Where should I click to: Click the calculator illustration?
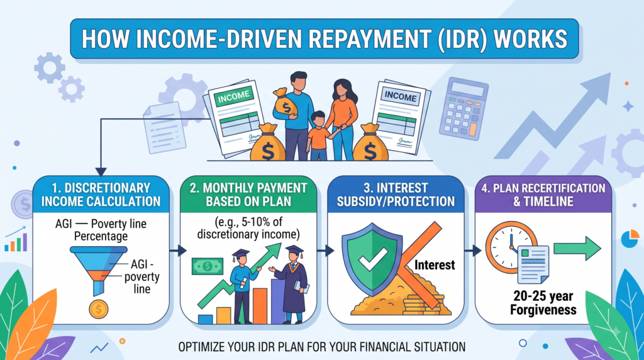pos(464,108)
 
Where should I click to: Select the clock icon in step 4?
pos(509,247)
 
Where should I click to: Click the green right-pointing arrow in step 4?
pos(577,248)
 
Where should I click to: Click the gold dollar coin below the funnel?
pos(99,309)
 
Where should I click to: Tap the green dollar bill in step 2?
pos(208,266)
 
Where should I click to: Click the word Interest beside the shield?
pos(435,265)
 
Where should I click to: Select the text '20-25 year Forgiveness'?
pos(543,303)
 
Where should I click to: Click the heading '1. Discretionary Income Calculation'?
pos(101,194)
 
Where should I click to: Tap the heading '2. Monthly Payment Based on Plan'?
pos(248,194)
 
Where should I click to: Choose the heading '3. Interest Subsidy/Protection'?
pos(396,194)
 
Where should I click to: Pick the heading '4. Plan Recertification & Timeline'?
pos(543,194)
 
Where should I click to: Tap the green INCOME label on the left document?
pos(233,97)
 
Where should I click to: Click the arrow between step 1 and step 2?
pos(178,250)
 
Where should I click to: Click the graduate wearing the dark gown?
pos(293,284)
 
